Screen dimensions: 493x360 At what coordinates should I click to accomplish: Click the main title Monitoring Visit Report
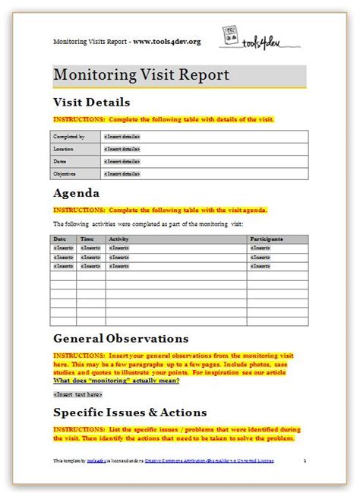point(141,76)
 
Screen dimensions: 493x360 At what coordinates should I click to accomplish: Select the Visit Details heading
point(91,102)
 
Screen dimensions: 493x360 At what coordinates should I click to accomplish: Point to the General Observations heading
point(121,338)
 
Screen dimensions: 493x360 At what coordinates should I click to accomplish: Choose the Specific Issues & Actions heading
point(130,412)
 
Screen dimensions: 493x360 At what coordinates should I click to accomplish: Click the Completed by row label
point(69,137)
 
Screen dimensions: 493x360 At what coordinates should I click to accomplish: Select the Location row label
point(65,149)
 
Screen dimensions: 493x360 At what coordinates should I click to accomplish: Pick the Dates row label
point(62,161)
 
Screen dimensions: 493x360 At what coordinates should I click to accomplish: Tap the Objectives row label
point(67,174)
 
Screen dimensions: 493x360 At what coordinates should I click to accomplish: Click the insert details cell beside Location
point(101,149)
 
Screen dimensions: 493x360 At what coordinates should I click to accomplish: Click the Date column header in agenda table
point(60,239)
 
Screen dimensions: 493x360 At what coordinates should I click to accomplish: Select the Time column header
point(87,239)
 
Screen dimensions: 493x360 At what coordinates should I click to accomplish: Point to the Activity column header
point(119,239)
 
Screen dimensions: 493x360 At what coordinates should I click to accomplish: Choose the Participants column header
point(267,239)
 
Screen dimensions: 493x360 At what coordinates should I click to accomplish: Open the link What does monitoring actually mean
point(116,381)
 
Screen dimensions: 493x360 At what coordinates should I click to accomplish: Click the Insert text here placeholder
point(77,394)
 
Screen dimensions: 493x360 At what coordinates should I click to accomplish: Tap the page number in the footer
point(304,460)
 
